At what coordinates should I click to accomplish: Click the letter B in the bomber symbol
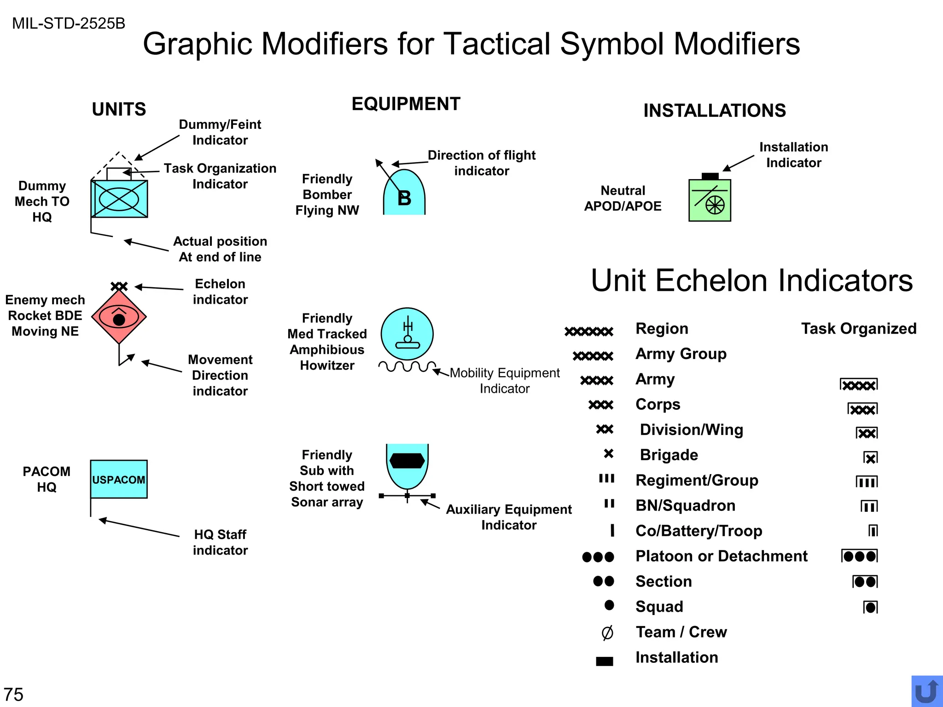[x=404, y=198]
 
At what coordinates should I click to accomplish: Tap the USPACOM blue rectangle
[x=119, y=479]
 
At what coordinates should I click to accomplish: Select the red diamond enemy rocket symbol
[x=119, y=317]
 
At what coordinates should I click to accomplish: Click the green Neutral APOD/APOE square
[x=710, y=201]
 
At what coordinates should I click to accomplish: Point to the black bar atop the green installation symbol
[x=710, y=176]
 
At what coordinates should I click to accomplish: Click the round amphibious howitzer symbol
[x=407, y=334]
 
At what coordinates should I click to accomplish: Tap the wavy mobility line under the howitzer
[x=407, y=366]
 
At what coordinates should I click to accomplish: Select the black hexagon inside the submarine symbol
[x=407, y=460]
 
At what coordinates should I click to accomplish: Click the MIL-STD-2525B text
[x=69, y=23]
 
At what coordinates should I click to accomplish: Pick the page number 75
[x=13, y=694]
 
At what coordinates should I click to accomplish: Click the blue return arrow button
[x=926, y=691]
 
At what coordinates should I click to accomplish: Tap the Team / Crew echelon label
[x=681, y=632]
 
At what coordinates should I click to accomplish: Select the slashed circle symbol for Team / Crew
[x=607, y=633]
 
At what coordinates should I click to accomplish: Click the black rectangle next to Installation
[x=605, y=661]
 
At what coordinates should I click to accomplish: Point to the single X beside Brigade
[x=609, y=454]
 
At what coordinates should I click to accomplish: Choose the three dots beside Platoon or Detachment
[x=598, y=557]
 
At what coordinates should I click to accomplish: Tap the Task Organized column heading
[x=859, y=329]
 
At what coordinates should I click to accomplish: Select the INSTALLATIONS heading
[x=715, y=110]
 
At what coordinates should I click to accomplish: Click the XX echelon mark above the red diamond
[x=119, y=286]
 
